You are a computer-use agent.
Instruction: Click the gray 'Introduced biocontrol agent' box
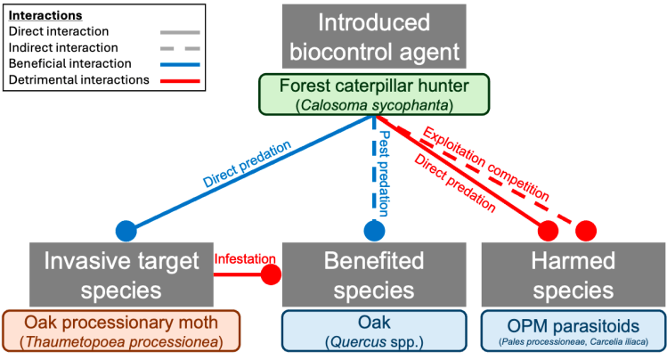(x=373, y=37)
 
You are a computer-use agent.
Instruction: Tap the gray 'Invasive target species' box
(x=120, y=275)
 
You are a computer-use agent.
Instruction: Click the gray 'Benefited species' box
(x=373, y=275)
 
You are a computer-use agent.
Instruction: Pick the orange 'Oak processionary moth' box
(x=120, y=332)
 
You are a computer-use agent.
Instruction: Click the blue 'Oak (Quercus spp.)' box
(x=373, y=332)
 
